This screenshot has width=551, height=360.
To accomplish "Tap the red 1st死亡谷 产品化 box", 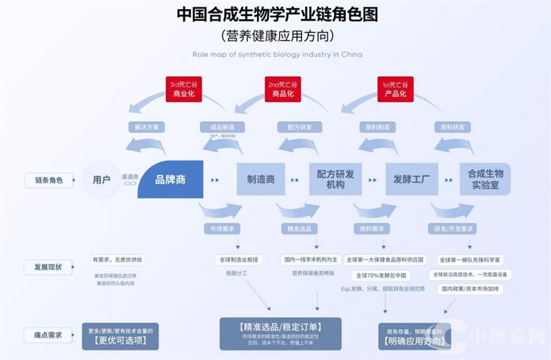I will pos(395,89).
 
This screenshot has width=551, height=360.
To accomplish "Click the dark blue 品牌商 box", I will pos(171,180).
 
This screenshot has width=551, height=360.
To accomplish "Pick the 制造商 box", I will pos(261,180).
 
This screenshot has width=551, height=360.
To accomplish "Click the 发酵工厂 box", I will pos(411,180).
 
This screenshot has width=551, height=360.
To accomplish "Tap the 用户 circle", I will pos(101,180).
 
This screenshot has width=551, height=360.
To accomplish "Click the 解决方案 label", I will pos(147,127).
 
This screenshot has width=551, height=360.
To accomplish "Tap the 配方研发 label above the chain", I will pos(296,127).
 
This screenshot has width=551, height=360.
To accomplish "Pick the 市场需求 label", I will pos(220,229).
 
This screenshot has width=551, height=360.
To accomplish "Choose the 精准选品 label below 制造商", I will pos(298,229).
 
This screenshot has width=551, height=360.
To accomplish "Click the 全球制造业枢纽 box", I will pos(238,260).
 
